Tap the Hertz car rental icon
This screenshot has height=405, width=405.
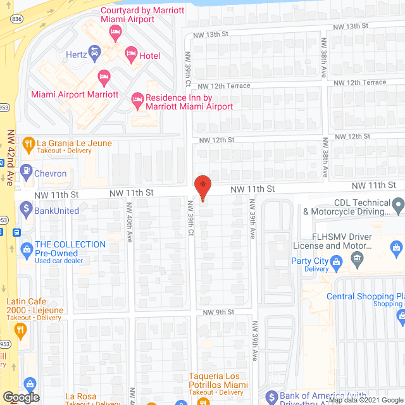(94, 51)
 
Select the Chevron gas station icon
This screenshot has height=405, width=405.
(27, 170)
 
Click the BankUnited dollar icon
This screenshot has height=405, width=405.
(27, 207)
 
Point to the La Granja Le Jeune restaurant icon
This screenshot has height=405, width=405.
(28, 144)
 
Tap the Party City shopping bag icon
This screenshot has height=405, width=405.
(337, 261)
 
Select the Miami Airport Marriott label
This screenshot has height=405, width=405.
(74, 94)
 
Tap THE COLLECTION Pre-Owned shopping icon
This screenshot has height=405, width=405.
(27, 248)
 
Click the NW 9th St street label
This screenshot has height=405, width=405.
(219, 313)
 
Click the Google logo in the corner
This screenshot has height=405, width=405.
(21, 397)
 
